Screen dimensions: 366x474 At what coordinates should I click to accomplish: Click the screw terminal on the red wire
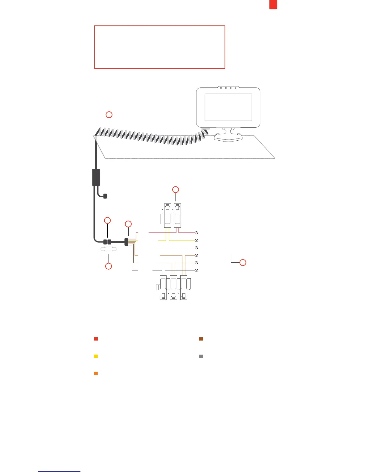[197, 233]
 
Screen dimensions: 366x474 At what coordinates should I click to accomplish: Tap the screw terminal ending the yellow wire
[197, 240]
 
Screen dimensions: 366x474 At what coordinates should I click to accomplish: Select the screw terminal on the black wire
[197, 248]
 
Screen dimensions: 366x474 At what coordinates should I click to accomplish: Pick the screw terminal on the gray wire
[197, 270]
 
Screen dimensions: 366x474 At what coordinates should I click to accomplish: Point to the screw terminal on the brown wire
[197, 263]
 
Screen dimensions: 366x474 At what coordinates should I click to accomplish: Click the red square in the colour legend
[96, 339]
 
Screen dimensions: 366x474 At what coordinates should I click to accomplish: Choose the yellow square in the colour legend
[96, 356]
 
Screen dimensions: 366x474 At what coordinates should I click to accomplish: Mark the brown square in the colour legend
[201, 339]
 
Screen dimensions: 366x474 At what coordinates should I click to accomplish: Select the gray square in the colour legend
[201, 356]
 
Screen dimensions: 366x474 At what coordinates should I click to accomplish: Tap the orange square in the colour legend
[96, 373]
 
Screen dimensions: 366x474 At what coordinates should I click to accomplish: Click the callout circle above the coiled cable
[109, 115]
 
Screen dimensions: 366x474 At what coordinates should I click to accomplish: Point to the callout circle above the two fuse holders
[176, 189]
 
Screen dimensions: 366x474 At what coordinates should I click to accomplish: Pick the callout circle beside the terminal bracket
[243, 263]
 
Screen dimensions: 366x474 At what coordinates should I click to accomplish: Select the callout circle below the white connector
[109, 266]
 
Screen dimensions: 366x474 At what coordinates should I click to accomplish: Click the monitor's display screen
[228, 107]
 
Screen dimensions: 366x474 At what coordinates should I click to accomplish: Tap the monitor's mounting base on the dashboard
[228, 138]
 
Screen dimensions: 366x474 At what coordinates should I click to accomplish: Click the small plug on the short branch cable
[105, 196]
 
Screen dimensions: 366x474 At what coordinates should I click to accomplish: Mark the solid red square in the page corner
[273, 5]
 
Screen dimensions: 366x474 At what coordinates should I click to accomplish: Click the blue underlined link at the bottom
[59, 471]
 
